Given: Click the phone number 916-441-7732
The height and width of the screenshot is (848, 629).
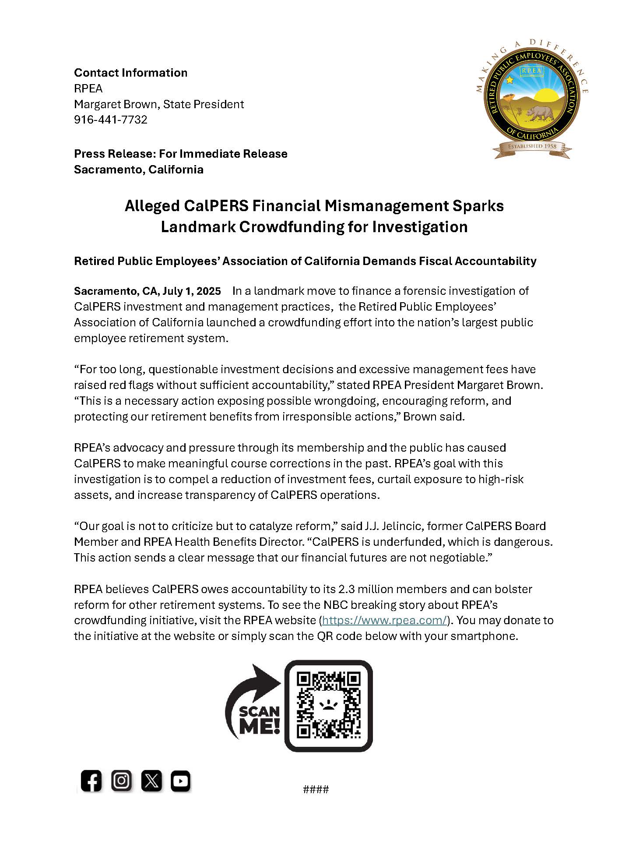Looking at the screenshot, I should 110,120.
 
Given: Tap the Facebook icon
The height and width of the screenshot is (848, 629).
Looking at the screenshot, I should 91,781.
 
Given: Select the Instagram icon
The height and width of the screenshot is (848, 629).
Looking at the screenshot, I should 121,780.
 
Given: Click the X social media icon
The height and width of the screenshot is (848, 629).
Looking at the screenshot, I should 151,781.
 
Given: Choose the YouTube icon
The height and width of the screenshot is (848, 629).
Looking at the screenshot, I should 180,781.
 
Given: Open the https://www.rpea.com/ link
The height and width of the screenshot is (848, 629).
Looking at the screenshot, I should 384,620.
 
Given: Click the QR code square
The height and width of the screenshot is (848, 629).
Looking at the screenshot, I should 328,705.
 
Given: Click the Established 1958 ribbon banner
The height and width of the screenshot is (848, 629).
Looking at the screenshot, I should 532,146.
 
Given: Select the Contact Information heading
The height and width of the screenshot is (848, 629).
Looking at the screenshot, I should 130,73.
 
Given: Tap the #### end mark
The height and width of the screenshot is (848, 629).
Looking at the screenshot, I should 316,789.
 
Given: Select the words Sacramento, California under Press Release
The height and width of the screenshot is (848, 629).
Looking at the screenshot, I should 138,170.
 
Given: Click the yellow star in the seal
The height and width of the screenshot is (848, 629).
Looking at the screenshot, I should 510,80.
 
